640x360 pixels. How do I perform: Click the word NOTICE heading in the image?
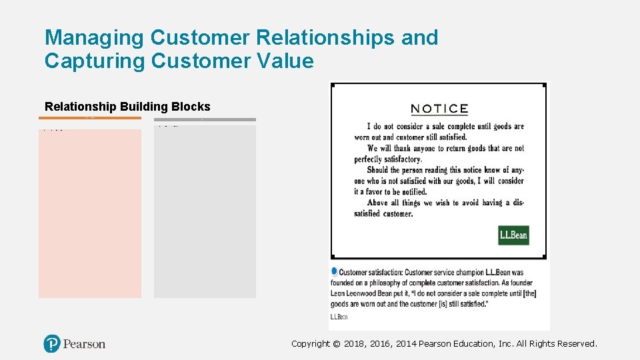(439, 109)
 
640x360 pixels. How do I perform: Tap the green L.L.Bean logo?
(513, 235)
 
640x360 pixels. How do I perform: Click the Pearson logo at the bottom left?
(75, 343)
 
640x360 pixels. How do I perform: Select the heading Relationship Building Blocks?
(127, 107)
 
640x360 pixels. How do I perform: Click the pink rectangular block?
(90, 213)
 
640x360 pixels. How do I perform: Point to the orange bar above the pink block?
(90, 118)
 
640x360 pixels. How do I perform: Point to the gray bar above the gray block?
(205, 120)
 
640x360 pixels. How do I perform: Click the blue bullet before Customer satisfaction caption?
(334, 271)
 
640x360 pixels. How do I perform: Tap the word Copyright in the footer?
(311, 344)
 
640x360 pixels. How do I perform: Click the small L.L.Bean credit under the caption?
(339, 317)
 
